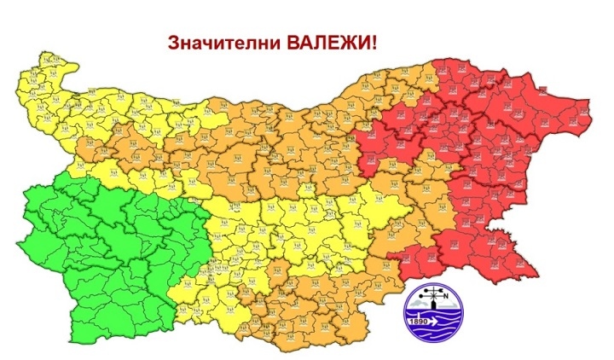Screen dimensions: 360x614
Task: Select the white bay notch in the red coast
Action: [530, 210]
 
